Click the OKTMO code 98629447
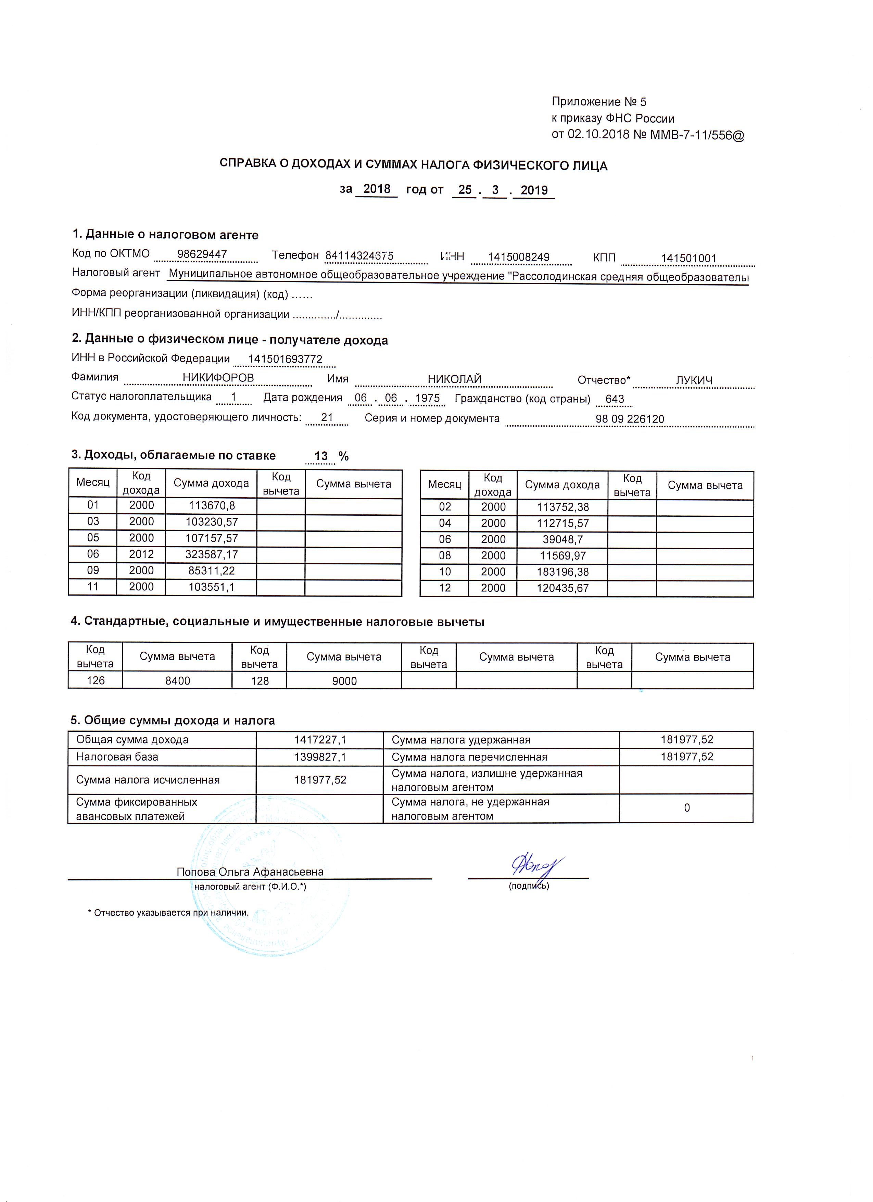coord(202,254)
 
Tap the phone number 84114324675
coord(359,256)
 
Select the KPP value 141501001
coord(688,259)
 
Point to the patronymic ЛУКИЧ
coord(694,380)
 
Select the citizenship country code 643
coord(615,399)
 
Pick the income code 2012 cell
coord(141,554)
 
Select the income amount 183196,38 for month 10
coord(562,572)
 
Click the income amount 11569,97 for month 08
coord(562,556)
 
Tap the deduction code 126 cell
coord(96,680)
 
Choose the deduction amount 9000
coord(344,681)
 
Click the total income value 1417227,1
coord(320,740)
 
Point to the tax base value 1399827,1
coord(320,757)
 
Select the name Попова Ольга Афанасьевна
coord(250,872)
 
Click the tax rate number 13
coord(321,456)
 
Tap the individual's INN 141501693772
coord(285,359)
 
